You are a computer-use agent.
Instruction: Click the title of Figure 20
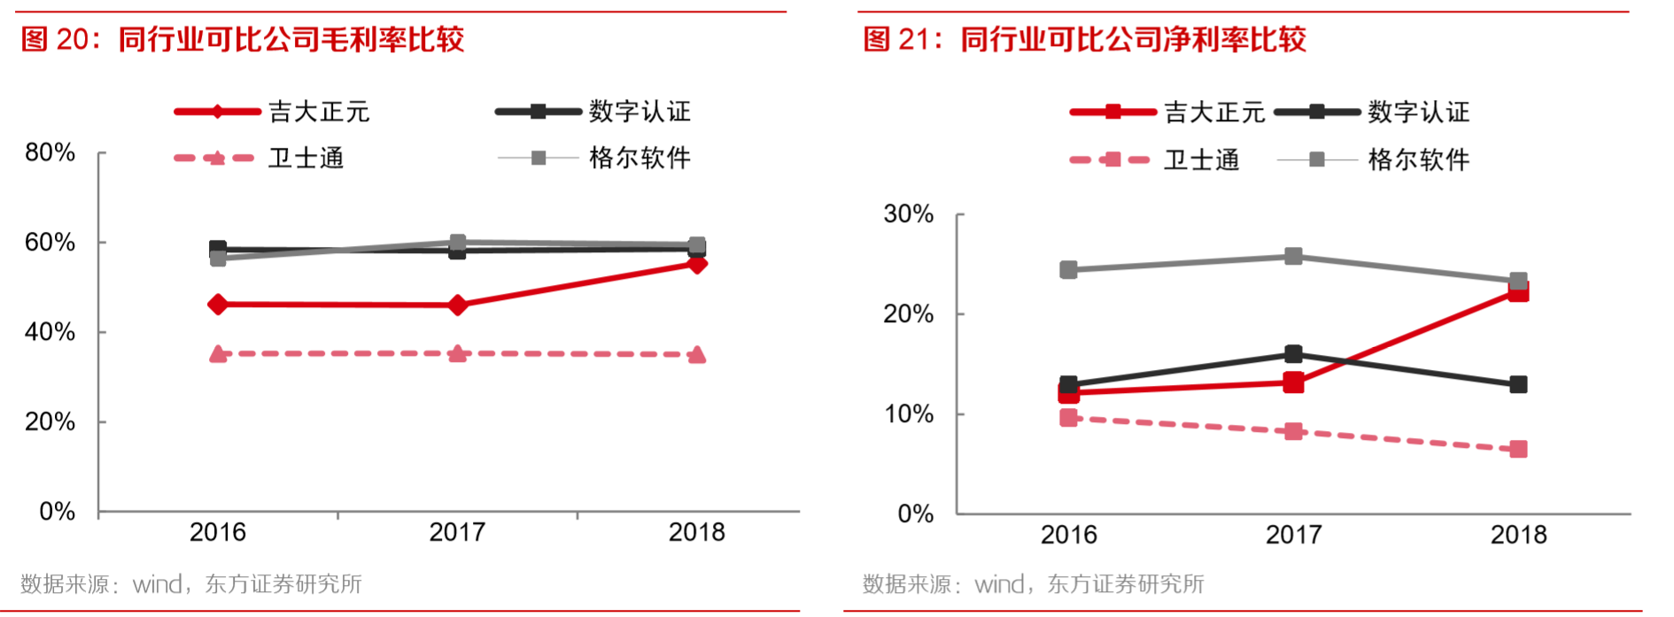(x=243, y=40)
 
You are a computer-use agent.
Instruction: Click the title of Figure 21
(x=1085, y=40)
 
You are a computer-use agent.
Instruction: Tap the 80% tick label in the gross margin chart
(x=50, y=153)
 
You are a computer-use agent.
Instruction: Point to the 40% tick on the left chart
(x=50, y=332)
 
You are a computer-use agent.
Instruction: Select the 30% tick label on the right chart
(x=909, y=214)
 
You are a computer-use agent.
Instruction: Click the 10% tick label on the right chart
(x=909, y=414)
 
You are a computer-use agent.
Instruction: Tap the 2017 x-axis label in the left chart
(x=457, y=532)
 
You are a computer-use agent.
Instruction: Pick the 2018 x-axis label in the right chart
(x=1518, y=535)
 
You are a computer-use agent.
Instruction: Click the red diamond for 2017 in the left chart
(x=458, y=305)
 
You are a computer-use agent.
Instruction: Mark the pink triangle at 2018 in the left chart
(x=697, y=355)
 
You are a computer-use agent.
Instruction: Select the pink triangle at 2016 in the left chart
(x=218, y=354)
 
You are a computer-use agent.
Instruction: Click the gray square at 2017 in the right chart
(x=1293, y=257)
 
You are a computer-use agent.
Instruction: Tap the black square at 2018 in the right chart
(x=1518, y=384)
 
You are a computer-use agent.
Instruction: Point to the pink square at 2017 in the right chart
(x=1293, y=431)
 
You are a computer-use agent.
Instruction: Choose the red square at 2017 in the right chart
(x=1293, y=382)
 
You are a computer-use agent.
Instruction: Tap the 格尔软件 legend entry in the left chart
(x=639, y=158)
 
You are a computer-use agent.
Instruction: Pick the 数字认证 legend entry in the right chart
(x=1418, y=112)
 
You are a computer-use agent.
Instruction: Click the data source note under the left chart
(x=191, y=584)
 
